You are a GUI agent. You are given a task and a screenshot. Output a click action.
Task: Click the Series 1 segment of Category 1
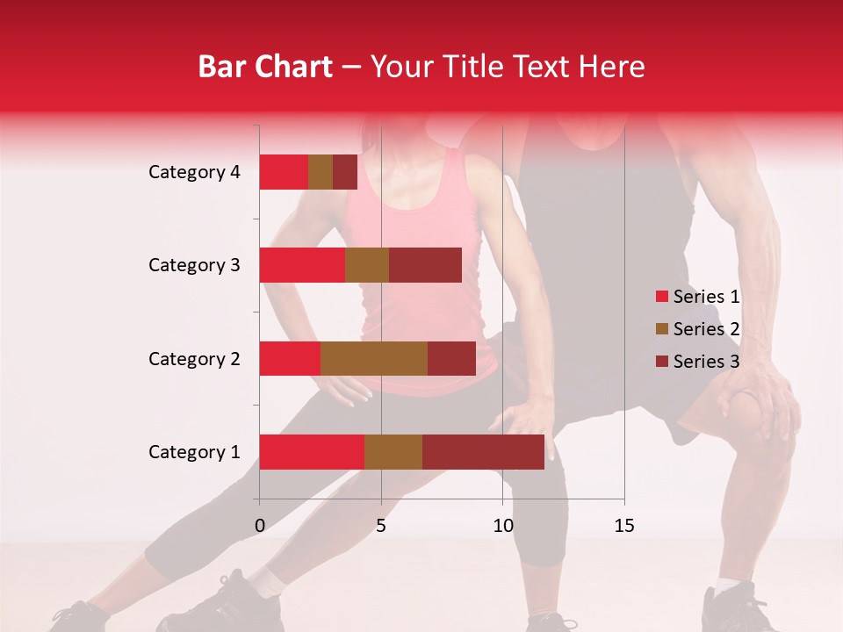[312, 452]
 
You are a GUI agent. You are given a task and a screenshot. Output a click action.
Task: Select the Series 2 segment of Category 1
[393, 452]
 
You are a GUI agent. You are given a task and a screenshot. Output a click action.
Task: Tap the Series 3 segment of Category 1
[483, 452]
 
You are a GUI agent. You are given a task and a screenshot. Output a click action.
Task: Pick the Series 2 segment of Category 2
[374, 358]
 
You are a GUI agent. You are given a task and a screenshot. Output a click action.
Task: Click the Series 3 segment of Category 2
[451, 358]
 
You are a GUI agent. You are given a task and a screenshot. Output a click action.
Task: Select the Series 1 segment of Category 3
[302, 265]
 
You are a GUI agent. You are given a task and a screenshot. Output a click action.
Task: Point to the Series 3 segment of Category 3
[425, 265]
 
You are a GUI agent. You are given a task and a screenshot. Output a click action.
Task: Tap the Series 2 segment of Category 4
[321, 172]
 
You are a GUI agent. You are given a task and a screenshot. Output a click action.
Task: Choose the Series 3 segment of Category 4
[345, 172]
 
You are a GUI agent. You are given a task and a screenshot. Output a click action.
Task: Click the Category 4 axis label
[194, 172]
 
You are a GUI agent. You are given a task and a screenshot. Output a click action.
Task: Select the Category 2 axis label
[194, 358]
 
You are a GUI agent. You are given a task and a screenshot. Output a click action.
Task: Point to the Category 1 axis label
[194, 452]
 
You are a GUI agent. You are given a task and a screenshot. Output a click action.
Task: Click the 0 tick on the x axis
[259, 526]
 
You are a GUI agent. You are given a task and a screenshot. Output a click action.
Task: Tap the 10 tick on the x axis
[502, 526]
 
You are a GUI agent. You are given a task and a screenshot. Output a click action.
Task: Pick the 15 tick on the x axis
[624, 526]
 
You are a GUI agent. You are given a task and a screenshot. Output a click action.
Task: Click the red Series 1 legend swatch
[662, 297]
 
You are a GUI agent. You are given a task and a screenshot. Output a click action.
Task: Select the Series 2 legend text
[706, 329]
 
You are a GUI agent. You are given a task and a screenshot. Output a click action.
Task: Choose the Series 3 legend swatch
[662, 362]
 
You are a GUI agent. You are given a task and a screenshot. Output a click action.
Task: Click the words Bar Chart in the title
[265, 67]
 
